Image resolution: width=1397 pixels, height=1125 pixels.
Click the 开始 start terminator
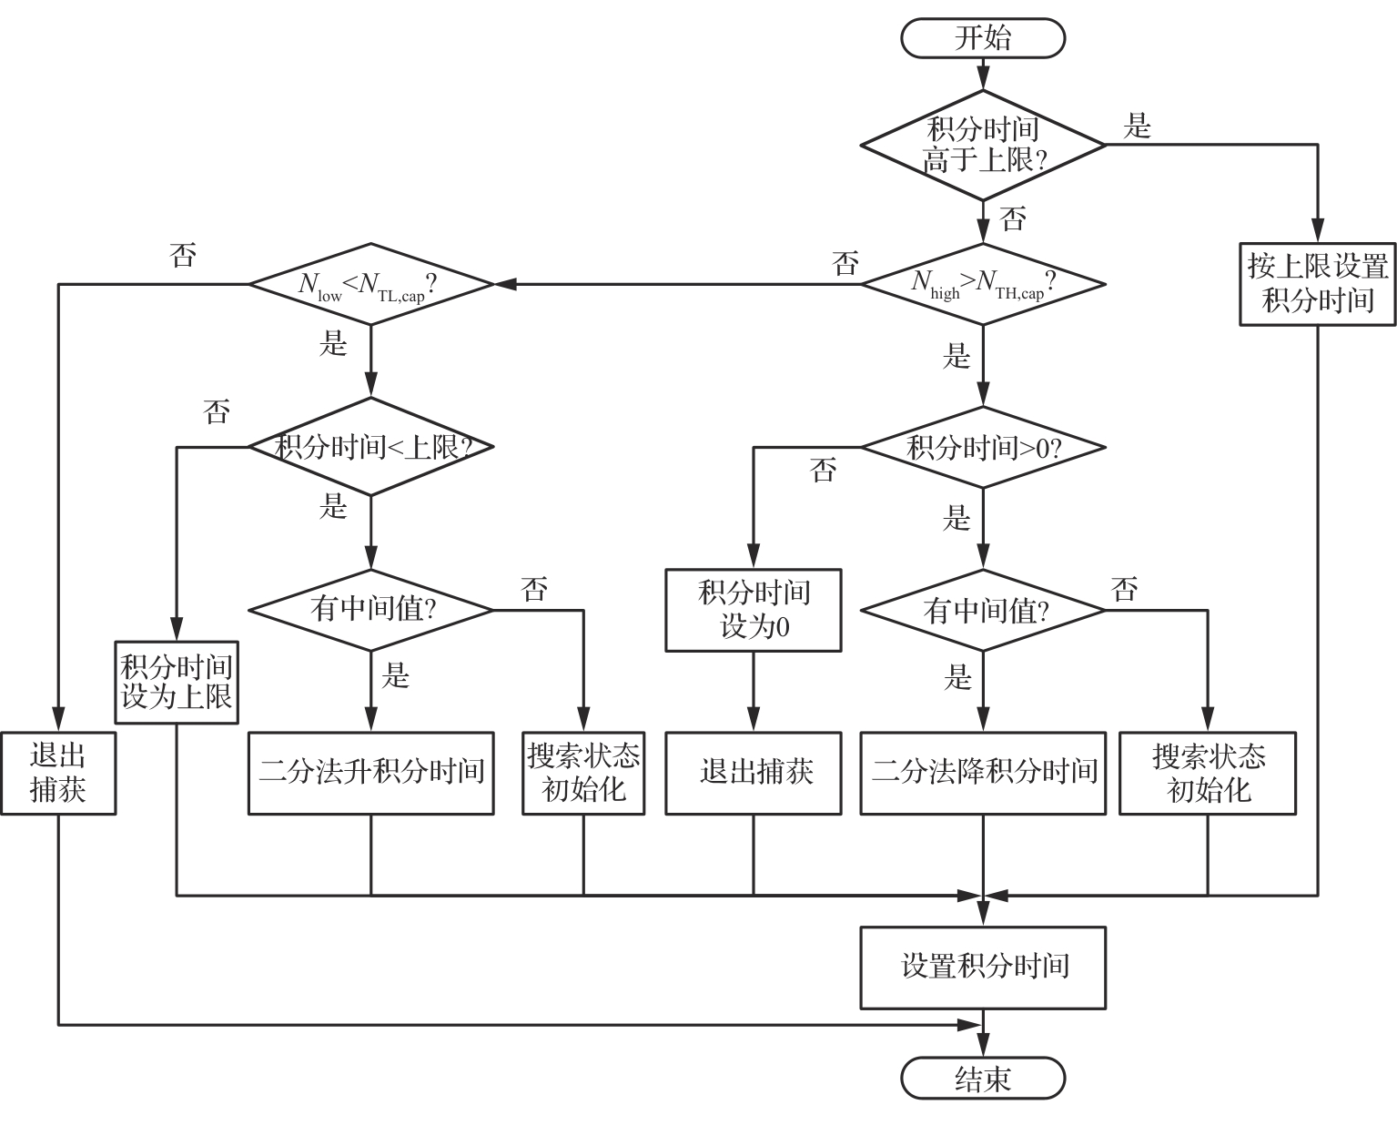(982, 38)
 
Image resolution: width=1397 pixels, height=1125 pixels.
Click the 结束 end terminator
(982, 1079)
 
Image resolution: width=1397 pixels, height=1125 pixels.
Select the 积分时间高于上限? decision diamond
(983, 145)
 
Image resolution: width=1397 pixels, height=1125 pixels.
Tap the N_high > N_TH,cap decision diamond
(983, 284)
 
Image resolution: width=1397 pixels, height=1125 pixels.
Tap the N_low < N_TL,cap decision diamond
(370, 284)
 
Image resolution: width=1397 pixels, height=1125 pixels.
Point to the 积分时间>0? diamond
(983, 447)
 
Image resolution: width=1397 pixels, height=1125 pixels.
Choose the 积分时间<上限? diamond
(370, 447)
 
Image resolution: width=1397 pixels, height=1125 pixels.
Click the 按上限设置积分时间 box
(1317, 283)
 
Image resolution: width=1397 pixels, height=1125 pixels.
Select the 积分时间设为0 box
(753, 610)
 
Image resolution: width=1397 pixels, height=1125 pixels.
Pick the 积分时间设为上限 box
(177, 683)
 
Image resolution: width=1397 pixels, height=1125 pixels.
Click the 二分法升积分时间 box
(370, 773)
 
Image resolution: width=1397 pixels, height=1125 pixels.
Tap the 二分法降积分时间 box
(983, 773)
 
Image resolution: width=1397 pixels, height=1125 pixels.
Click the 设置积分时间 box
(983, 967)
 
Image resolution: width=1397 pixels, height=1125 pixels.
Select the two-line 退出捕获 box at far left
(57, 773)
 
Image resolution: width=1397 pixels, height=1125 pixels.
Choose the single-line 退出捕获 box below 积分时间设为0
(753, 773)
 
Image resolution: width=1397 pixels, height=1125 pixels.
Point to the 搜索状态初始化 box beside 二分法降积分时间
(1208, 773)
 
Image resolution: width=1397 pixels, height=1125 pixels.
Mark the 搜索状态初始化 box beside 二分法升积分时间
(583, 773)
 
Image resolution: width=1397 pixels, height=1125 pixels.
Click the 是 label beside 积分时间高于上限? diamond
(1138, 126)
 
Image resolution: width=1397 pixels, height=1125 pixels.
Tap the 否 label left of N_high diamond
(845, 264)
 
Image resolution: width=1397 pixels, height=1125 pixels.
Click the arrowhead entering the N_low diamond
(503, 284)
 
